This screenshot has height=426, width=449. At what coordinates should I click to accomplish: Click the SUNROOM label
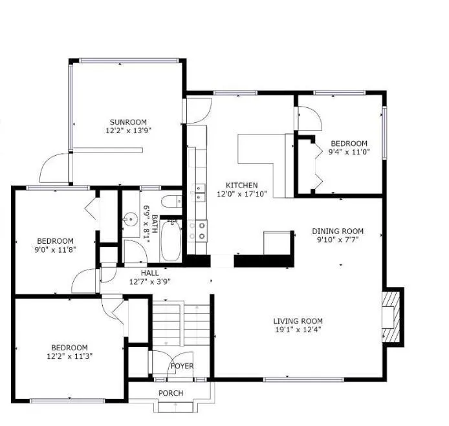pos(128,122)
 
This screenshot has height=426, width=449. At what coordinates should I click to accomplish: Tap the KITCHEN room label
pos(241,185)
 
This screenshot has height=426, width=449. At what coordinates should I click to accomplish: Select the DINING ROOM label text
pos(338,231)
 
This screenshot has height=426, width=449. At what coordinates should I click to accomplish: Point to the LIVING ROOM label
pos(298,321)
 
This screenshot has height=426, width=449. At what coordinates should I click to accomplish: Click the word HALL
pos(149,273)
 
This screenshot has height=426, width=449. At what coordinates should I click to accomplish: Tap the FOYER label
pos(182,367)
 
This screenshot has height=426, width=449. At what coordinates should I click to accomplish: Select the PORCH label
pos(171,393)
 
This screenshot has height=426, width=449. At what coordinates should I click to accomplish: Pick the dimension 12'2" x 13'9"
pos(128,131)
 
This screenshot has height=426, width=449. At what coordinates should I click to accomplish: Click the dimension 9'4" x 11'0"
pos(349,153)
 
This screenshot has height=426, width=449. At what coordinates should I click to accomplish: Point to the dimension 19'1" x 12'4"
pos(298,330)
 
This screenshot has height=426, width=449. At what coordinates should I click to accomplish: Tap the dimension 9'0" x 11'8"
pos(55,250)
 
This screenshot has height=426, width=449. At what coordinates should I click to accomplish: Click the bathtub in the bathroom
pos(170,240)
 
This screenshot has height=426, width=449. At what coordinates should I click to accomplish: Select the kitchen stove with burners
pos(197,231)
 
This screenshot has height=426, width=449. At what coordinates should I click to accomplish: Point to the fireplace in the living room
pos(391,315)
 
